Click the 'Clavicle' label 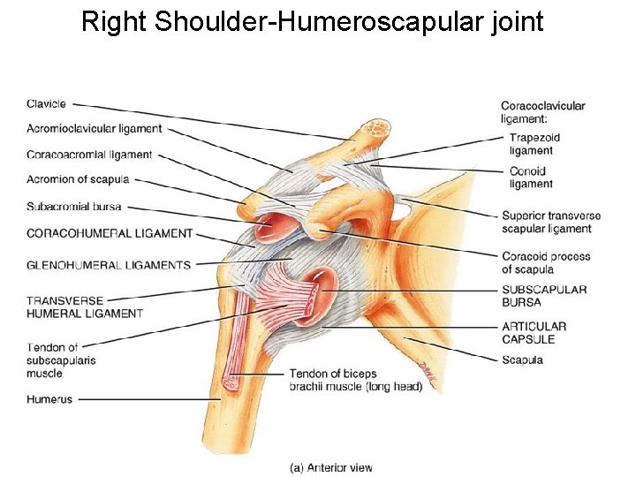click(46, 104)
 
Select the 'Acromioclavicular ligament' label click(94, 129)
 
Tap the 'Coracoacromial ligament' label click(89, 155)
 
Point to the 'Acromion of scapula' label click(78, 179)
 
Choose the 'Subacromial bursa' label click(73, 207)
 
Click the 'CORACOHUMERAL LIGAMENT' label click(110, 233)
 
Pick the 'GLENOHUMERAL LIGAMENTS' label click(109, 265)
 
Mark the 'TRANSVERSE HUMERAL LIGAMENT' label click(85, 307)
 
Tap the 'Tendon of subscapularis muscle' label click(61, 360)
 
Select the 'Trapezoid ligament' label click(534, 144)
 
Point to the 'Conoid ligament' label click(531, 178)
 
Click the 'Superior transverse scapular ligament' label click(550, 222)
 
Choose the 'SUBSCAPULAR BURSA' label click(544, 296)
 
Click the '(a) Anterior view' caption click(331, 468)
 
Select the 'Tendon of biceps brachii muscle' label click(355, 380)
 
